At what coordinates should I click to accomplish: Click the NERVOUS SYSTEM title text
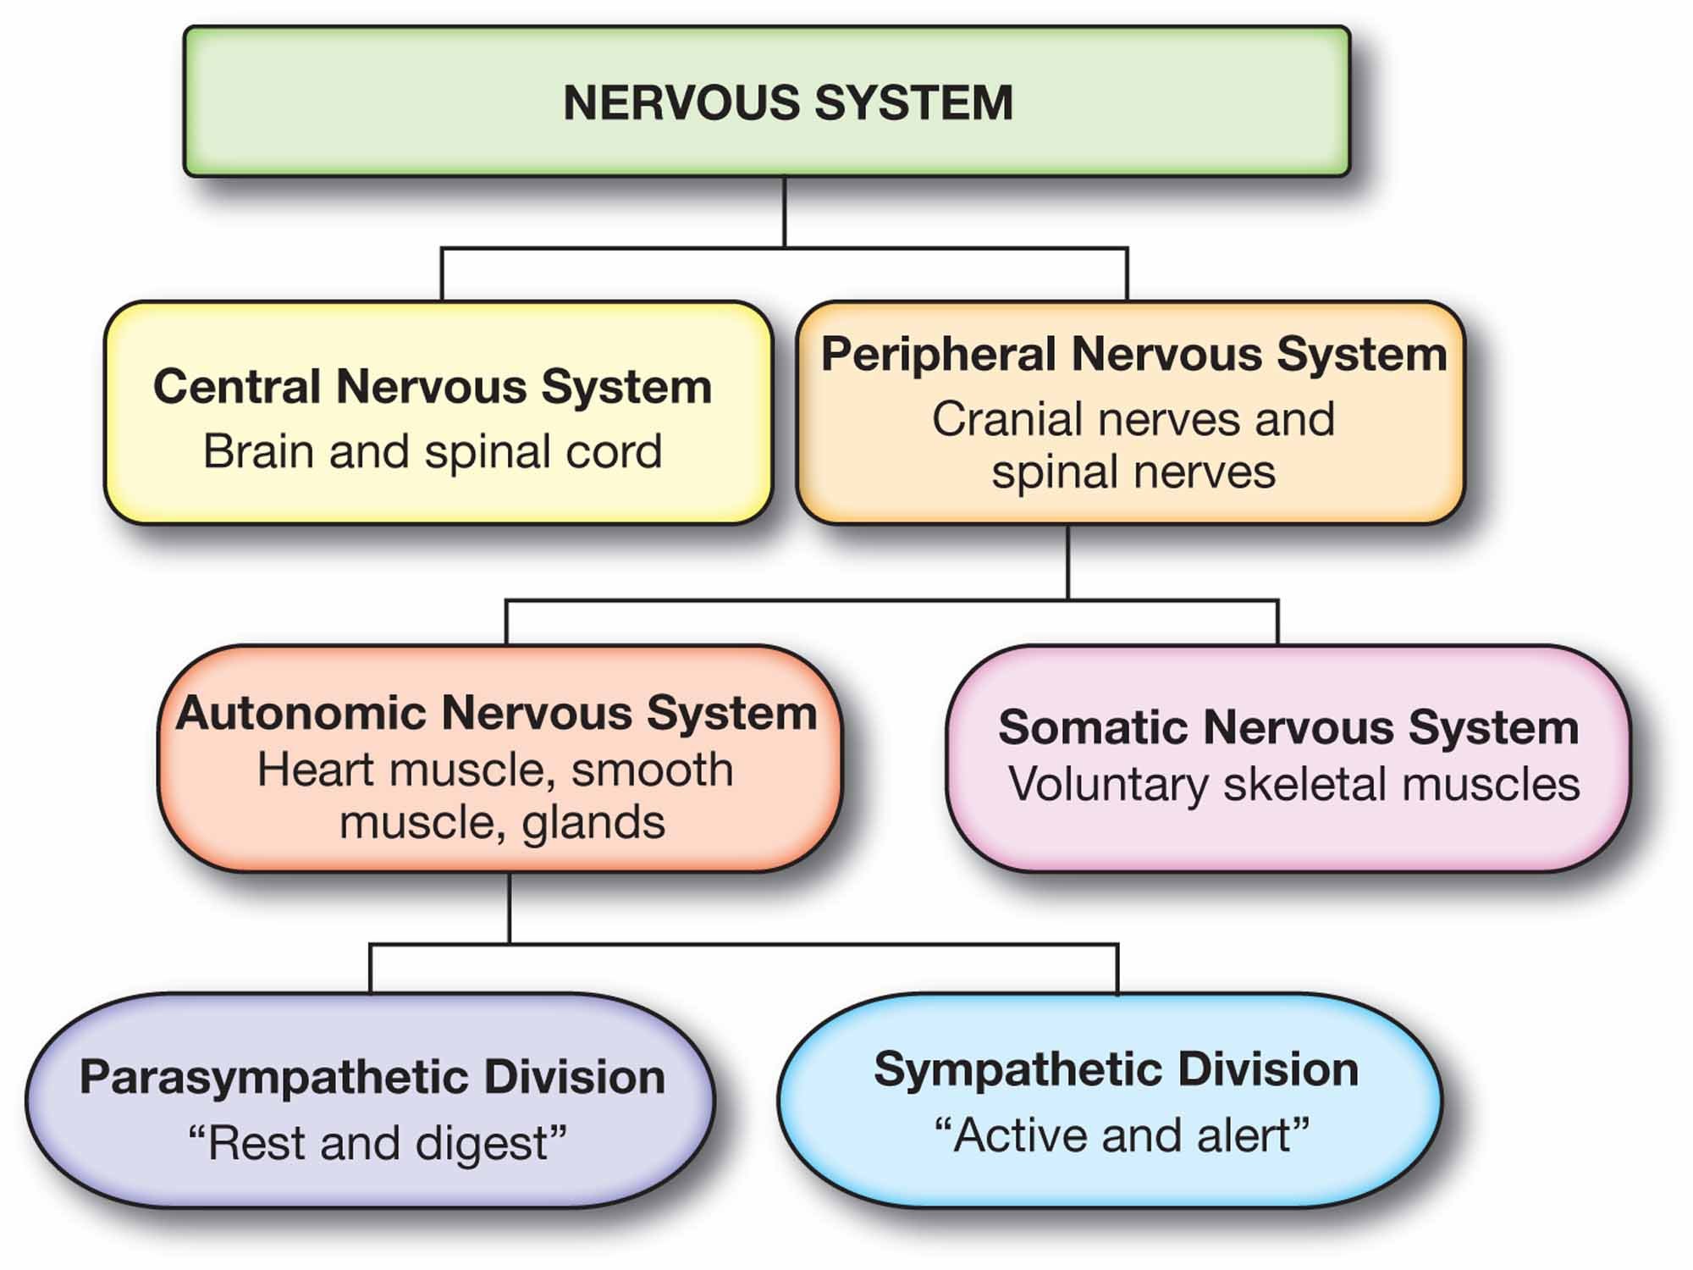[787, 102]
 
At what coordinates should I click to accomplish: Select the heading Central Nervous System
[432, 387]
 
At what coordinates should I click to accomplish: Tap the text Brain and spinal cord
[432, 451]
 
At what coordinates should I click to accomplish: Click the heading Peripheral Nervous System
[1133, 354]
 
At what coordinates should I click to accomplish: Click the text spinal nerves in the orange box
[1133, 472]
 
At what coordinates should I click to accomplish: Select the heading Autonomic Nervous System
[496, 713]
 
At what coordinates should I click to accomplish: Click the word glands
[593, 822]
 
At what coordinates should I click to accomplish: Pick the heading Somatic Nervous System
[1288, 727]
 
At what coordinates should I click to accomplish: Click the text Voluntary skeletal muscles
[1293, 784]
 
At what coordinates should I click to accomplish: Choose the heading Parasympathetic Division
[372, 1078]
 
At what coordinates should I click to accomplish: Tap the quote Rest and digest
[377, 1143]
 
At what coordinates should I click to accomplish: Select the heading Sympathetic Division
[1116, 1069]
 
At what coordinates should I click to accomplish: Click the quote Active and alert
[1122, 1135]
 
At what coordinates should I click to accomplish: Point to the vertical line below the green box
[785, 212]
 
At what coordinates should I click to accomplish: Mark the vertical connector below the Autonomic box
[510, 908]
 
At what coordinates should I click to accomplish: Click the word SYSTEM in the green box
[914, 102]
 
